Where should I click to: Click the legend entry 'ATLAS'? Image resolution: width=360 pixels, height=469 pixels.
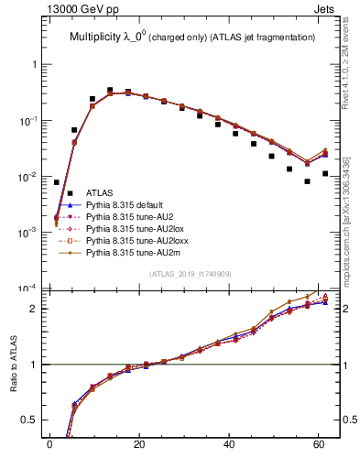click(100, 192)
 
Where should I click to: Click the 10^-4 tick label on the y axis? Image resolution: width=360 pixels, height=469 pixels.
click(27, 289)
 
